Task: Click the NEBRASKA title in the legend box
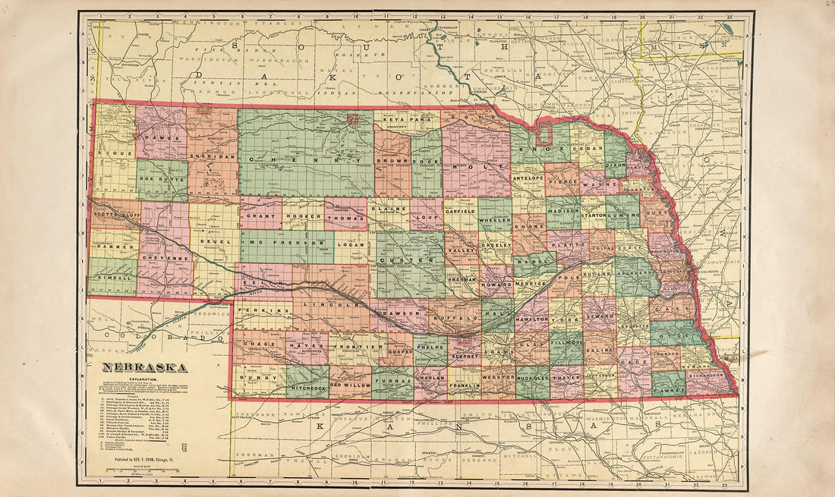(x=147, y=367)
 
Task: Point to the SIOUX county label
(x=112, y=153)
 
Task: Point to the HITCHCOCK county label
(x=307, y=386)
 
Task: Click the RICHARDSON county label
(x=709, y=374)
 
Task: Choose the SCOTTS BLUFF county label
(x=115, y=213)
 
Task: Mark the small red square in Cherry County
(x=352, y=118)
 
